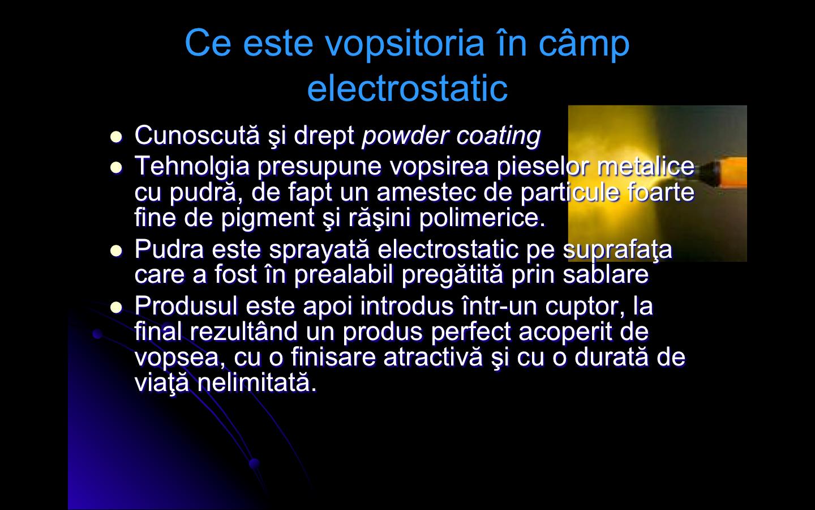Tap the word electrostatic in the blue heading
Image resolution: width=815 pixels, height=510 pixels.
(407, 89)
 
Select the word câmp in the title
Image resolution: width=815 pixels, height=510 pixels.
(584, 44)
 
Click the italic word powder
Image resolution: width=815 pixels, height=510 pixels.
(405, 135)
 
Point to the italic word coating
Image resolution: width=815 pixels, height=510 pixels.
(499, 136)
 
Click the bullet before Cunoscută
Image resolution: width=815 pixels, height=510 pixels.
(116, 137)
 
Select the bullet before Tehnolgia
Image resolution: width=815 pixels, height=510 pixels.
(116, 168)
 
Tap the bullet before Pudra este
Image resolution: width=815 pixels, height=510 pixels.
(116, 250)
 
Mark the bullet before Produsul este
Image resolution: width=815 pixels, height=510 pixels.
(116, 307)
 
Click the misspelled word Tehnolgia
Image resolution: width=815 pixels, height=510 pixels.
(192, 167)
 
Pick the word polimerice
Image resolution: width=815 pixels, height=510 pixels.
(482, 218)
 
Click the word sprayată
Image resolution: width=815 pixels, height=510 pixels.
(319, 250)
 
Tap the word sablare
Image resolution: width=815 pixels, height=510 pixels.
(606, 274)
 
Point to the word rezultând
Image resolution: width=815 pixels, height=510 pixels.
(243, 331)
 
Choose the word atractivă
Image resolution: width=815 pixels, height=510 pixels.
(433, 357)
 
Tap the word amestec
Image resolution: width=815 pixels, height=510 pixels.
(426, 193)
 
